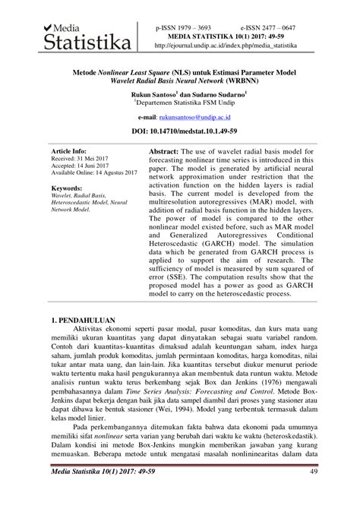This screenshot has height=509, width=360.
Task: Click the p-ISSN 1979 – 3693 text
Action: [184, 26]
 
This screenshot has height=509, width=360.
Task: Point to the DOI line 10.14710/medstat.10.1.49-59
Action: [179, 132]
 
